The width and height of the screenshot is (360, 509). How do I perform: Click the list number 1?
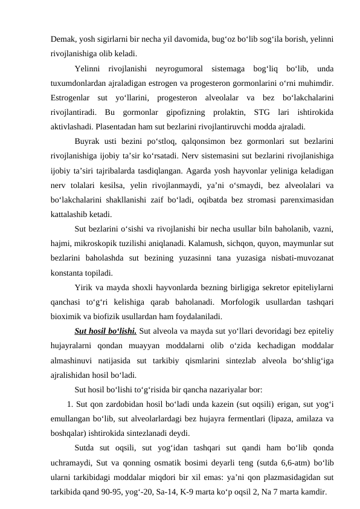coord(71,404)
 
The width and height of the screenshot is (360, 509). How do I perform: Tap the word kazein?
coord(215,404)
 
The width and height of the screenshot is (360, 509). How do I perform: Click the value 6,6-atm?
coord(271,462)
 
